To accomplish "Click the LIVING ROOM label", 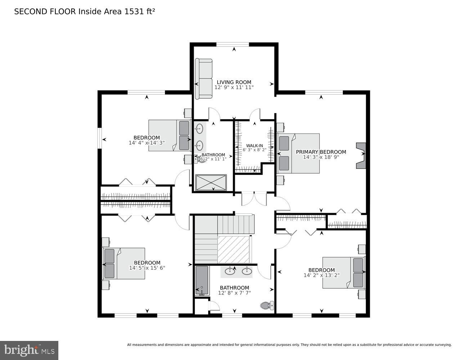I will [234, 82].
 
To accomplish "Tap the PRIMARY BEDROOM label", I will [321, 152].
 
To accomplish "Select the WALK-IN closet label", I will [254, 145].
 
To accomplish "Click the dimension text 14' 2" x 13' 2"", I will [321, 275].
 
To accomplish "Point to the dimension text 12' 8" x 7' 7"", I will [234, 293].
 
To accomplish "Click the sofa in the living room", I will [203, 78].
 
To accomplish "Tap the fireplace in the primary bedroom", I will [360, 155].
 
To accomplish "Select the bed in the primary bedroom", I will [298, 153].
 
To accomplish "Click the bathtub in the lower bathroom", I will [202, 280].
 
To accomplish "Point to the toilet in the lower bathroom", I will [267, 306].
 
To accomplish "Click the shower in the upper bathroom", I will [211, 183].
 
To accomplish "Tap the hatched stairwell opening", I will [234, 249].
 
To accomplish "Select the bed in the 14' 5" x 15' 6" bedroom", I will [124, 263].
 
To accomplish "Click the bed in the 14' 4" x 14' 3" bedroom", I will [169, 135].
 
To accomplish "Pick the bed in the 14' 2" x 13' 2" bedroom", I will [343, 273].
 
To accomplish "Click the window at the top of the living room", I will [232, 45].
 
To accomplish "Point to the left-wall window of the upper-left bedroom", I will [100, 138].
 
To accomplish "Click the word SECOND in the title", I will [27, 12].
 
